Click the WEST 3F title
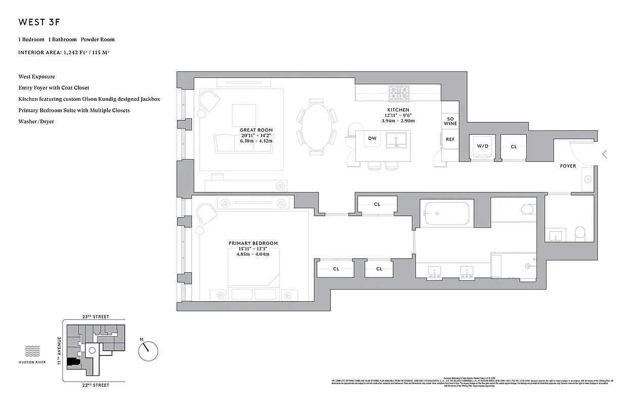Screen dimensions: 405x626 [40, 22]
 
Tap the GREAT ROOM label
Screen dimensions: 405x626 [256, 130]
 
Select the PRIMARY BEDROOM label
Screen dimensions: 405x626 [253, 244]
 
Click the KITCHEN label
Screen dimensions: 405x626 [398, 110]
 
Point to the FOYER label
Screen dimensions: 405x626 [568, 166]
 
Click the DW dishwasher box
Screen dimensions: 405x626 [372, 139]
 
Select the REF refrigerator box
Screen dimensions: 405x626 [450, 139]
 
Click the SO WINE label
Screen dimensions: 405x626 [450, 121]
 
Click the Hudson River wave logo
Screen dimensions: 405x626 [32, 351]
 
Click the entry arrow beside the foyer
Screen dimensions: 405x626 [604, 154]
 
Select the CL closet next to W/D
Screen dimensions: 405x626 [513, 147]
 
